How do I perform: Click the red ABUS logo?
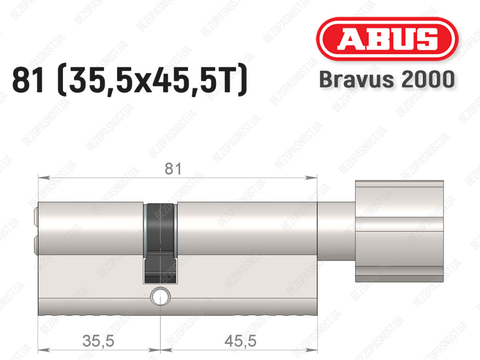(x=387, y=38)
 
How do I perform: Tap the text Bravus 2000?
(x=387, y=79)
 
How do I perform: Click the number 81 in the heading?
(x=28, y=80)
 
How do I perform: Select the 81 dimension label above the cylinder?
(x=173, y=169)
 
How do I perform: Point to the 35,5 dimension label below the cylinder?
(x=98, y=341)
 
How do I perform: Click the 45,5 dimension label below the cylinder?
(x=240, y=341)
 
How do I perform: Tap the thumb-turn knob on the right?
(x=399, y=231)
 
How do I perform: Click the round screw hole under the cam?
(x=160, y=296)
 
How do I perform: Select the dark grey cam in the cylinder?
(x=160, y=243)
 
